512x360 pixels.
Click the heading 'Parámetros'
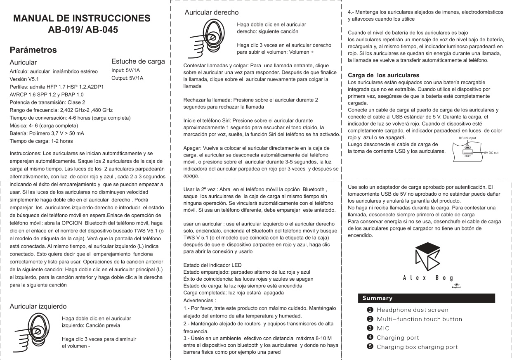pos(33,50)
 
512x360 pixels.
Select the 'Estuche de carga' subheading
pos(138,62)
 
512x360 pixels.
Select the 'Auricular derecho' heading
pos(211,12)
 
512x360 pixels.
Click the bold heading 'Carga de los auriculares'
pos(384,75)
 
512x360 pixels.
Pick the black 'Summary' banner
pos(426,298)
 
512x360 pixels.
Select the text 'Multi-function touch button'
pos(419,319)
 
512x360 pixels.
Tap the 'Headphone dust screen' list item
pos(412,310)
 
